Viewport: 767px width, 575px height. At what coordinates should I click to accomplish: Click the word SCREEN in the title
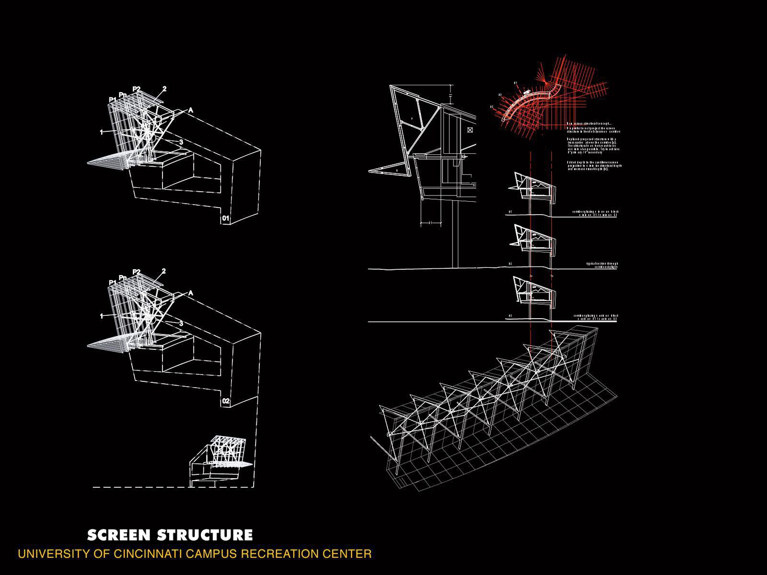point(118,535)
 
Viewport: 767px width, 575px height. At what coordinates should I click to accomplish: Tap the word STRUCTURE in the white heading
point(205,535)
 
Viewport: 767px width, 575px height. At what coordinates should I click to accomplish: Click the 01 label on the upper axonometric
point(226,219)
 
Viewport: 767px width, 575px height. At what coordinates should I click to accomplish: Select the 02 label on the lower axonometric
point(226,401)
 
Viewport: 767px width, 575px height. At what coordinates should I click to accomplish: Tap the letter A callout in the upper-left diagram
point(191,111)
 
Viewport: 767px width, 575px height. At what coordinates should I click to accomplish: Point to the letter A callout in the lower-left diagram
point(191,293)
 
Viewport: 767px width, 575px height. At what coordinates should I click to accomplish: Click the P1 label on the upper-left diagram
point(113,100)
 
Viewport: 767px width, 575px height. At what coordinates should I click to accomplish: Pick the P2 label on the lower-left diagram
point(137,272)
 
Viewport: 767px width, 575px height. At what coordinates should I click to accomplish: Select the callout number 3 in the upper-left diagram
point(181,142)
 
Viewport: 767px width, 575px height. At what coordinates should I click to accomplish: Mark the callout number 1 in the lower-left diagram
point(102,316)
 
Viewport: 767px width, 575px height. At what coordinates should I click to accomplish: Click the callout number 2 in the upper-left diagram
point(164,89)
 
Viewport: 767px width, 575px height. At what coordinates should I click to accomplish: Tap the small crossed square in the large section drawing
point(470,130)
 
